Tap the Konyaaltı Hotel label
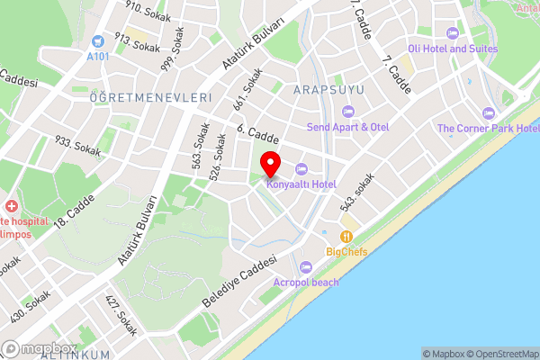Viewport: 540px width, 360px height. coord(301,184)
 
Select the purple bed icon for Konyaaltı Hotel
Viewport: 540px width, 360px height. coord(301,168)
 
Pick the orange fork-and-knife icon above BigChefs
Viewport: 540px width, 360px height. coord(346,237)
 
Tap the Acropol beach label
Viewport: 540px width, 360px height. coord(306,282)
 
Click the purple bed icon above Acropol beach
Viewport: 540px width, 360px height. coord(306,266)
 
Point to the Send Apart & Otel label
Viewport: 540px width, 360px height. coord(348,127)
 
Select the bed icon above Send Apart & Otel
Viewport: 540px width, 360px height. coord(348,112)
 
